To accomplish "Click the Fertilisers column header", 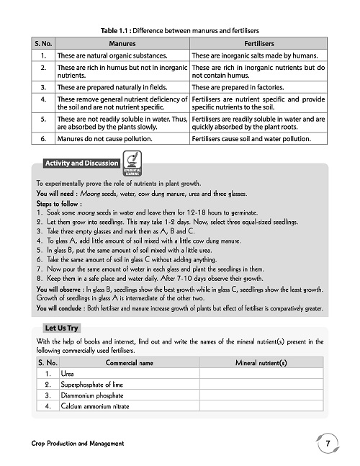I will point(258,44).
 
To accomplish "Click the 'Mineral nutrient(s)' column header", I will point(261,362).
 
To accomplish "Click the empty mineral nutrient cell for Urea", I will point(261,374).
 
